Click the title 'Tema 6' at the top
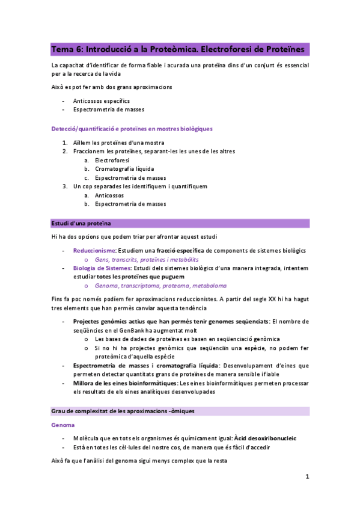pos(69,49)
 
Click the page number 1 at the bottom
pos(307,476)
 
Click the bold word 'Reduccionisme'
pos(94,250)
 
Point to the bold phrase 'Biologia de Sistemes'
pos(101,268)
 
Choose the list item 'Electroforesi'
pos(112,161)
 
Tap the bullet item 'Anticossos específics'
pos(101,101)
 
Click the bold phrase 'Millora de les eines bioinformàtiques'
pos(125,383)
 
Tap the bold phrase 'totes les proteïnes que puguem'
pos(141,277)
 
